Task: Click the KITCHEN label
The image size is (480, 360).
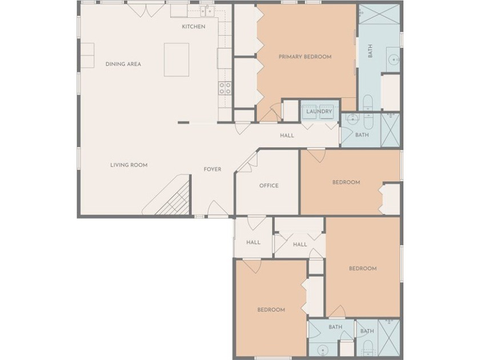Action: coord(194,27)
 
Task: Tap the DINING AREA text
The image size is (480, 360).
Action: coord(123,64)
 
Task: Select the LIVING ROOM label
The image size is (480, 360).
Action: coord(129,165)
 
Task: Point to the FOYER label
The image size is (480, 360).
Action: coord(213,169)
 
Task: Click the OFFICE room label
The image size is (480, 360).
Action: coord(269,186)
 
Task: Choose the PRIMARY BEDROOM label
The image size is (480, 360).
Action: coord(305,57)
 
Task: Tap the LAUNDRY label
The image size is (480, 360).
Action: coord(319,111)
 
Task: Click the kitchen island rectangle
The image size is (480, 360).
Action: coord(177,59)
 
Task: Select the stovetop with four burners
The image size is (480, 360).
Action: coord(225,88)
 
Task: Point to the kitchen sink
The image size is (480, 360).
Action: coord(207,11)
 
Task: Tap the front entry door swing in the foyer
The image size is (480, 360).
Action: coord(218,208)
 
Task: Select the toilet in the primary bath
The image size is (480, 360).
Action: coord(368,102)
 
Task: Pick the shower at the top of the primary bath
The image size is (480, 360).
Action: coord(379,14)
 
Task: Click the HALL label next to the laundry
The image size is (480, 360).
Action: coord(287,135)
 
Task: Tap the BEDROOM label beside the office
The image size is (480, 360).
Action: coord(346,182)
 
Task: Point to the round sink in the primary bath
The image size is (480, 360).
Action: coord(393,59)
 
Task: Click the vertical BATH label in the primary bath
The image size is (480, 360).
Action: coord(370,51)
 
